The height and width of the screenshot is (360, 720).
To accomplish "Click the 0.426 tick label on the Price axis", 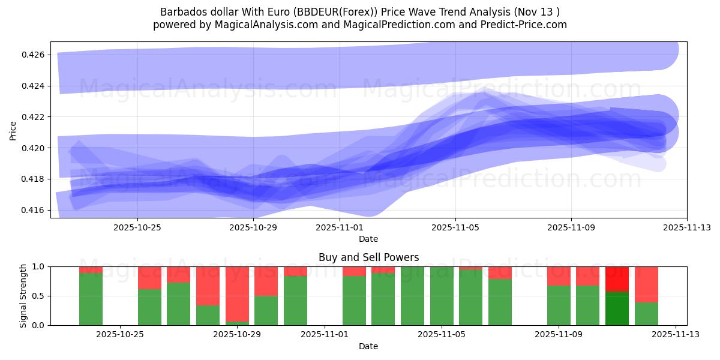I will coord(33,55).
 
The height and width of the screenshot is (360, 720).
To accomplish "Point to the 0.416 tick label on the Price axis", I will coord(33,210).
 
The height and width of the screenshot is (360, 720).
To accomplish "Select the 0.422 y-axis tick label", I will coord(33,116).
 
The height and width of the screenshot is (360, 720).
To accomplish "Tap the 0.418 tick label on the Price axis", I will coord(33,179).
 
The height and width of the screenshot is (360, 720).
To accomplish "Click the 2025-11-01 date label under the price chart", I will coord(340,227).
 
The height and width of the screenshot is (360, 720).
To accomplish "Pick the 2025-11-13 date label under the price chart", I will coord(686,227).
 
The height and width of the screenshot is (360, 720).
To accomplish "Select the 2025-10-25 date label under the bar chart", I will coord(120,335).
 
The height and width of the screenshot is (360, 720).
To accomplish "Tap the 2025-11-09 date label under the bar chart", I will coord(559,335).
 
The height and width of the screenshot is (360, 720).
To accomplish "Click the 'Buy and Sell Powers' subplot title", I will coord(368,257).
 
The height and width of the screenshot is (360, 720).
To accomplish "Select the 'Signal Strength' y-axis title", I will coord(24,296).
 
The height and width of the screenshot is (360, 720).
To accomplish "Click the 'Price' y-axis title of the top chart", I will coord(13,130).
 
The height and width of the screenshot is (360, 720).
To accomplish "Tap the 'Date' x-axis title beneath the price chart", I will coord(368,239).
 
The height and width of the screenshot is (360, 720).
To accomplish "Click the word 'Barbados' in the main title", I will coord(180,12).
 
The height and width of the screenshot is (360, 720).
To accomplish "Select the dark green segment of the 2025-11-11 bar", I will coord(617,308).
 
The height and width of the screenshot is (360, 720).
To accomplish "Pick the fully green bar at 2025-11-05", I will coord(442,296).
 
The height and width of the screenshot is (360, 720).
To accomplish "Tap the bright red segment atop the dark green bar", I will coord(617,279).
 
